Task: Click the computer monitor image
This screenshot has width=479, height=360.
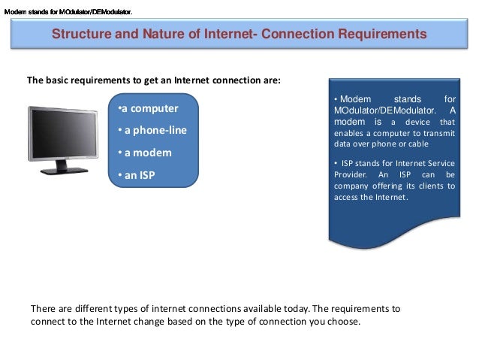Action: [64, 139]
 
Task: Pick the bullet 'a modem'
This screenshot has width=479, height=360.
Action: [145, 153]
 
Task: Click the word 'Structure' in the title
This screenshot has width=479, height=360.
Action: [80, 34]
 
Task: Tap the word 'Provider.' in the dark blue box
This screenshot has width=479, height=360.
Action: [351, 174]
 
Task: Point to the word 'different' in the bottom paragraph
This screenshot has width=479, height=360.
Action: [89, 308]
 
